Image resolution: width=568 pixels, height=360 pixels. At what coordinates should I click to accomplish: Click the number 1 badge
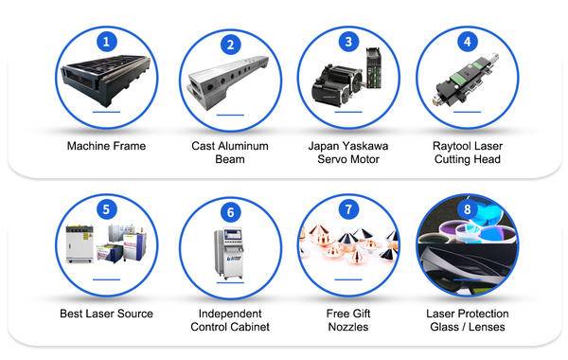click(x=106, y=42)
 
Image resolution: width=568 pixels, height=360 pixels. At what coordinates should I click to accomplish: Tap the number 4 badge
click(x=468, y=42)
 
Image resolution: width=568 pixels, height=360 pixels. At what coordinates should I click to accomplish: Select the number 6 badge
click(x=230, y=212)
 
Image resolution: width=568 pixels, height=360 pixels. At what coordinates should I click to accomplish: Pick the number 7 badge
click(x=348, y=209)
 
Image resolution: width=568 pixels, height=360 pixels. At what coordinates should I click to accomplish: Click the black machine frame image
click(x=106, y=81)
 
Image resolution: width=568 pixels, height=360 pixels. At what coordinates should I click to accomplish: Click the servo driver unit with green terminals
click(x=374, y=68)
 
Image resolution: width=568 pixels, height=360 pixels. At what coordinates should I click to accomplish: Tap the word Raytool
click(x=451, y=146)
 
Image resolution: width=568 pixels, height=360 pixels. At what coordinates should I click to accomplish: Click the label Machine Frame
click(x=106, y=146)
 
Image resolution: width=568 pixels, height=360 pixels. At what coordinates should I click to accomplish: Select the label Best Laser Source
click(x=106, y=314)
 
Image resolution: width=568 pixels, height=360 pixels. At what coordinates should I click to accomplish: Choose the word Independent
click(x=230, y=314)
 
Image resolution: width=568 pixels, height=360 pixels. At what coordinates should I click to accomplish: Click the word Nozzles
click(x=348, y=327)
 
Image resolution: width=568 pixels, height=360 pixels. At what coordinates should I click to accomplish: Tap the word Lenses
click(x=487, y=327)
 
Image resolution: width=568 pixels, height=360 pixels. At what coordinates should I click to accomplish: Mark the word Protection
click(x=485, y=314)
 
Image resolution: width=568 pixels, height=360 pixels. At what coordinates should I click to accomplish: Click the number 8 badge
click(x=468, y=209)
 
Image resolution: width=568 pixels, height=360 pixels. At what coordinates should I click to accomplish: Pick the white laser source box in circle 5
click(x=80, y=244)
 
